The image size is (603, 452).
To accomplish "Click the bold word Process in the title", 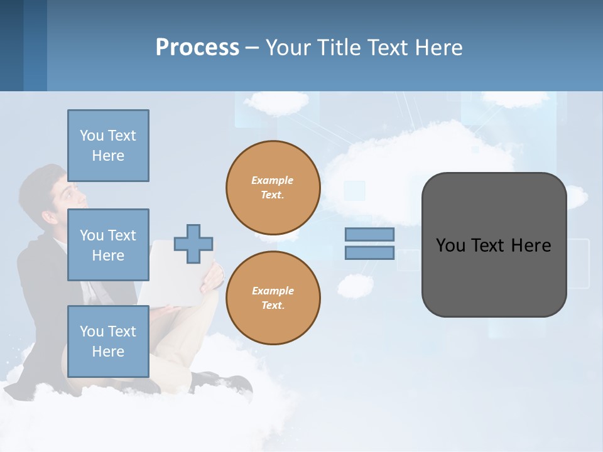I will pyautogui.click(x=197, y=47).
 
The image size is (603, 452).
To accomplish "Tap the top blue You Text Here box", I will pyautogui.click(x=108, y=146).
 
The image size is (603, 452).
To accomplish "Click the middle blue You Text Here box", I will pyautogui.click(x=108, y=245).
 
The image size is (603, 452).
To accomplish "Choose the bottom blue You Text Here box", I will pyautogui.click(x=108, y=342).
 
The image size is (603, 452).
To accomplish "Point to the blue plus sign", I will pyautogui.click(x=193, y=244).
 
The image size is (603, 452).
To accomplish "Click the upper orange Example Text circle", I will pyautogui.click(x=273, y=187).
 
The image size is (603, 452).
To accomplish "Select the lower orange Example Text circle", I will pyautogui.click(x=273, y=298).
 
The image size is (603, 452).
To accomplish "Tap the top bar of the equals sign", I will pyautogui.click(x=369, y=234).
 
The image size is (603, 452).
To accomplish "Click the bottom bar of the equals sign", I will pyautogui.click(x=369, y=253).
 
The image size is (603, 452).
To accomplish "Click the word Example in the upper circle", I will pyautogui.click(x=272, y=180).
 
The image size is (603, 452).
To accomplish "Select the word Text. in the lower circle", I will pyautogui.click(x=273, y=306).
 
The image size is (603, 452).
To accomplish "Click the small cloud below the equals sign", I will pyautogui.click(x=356, y=286).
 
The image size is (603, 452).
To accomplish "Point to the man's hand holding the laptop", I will pyautogui.click(x=212, y=276).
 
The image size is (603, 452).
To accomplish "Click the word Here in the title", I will pyautogui.click(x=438, y=48).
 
